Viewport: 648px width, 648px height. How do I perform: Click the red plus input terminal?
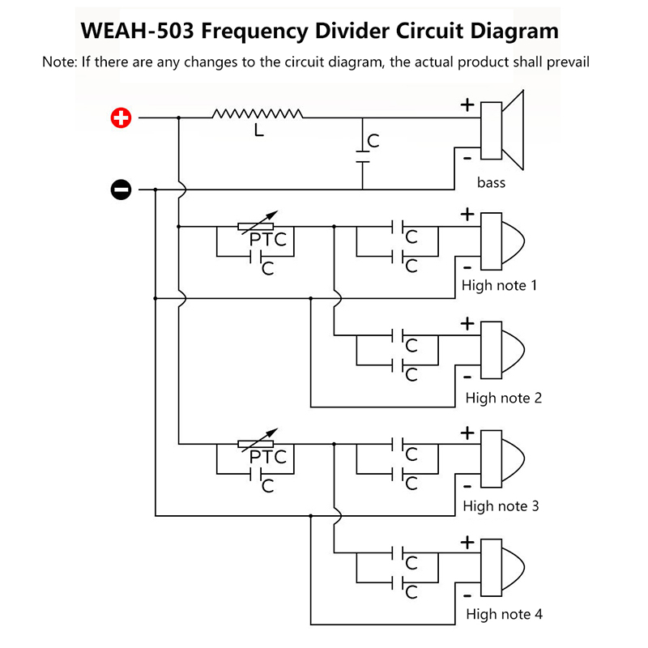[x=121, y=119]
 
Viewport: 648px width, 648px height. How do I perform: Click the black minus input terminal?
[x=121, y=190]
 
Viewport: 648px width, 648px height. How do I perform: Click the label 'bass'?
[x=491, y=182]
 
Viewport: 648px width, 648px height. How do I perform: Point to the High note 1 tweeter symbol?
[x=502, y=241]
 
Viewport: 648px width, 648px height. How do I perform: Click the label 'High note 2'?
[x=503, y=398]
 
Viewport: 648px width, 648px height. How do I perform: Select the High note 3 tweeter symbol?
[x=502, y=458]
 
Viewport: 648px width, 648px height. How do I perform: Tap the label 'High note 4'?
[x=504, y=614]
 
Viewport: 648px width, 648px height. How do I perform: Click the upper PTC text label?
[x=268, y=240]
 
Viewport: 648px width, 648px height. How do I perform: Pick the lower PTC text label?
[x=268, y=457]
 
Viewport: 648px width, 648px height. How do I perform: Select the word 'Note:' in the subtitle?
[x=59, y=62]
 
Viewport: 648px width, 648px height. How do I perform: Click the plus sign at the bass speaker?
[x=467, y=104]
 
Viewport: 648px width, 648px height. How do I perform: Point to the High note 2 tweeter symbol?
[x=502, y=349]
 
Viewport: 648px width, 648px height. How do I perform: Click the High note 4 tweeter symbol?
[x=502, y=568]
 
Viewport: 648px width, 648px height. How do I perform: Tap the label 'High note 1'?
[x=499, y=285]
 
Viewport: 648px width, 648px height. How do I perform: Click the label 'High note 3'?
[x=501, y=506]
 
